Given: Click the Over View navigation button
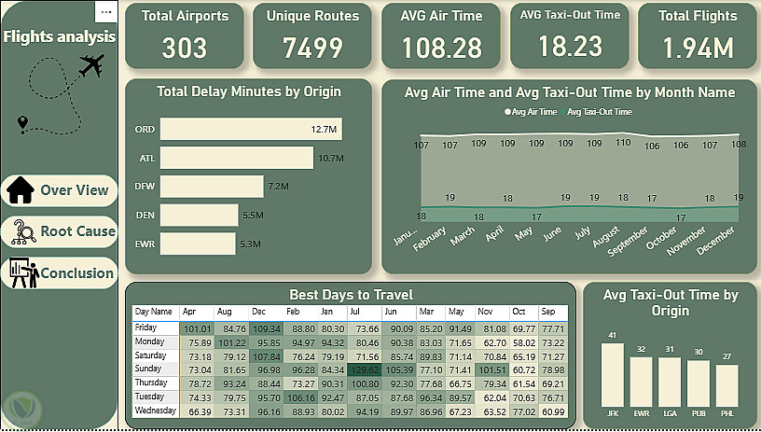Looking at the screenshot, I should click(x=61, y=190).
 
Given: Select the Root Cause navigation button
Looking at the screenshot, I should click(x=61, y=231).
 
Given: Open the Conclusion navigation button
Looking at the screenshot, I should click(x=61, y=273).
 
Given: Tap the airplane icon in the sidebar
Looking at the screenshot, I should click(x=90, y=65).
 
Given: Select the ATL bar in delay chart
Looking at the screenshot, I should click(x=237, y=159).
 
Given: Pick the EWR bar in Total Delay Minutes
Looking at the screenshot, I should click(x=198, y=244).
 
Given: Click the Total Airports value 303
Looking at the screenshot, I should click(x=184, y=49).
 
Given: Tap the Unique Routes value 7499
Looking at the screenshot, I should click(x=312, y=49).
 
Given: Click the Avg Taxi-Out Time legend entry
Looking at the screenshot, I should click(x=598, y=112).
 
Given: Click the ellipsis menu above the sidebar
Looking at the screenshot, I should click(x=105, y=12).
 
